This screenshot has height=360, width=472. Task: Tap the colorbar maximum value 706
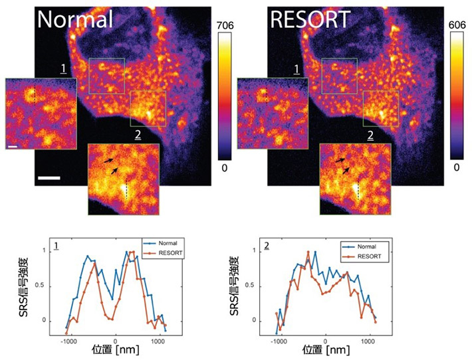[227, 25]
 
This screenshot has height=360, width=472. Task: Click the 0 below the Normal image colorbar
[226, 168]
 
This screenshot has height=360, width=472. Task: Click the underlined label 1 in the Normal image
[62, 69]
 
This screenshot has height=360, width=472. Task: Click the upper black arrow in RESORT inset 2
[340, 160]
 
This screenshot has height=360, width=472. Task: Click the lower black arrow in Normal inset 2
[114, 171]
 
